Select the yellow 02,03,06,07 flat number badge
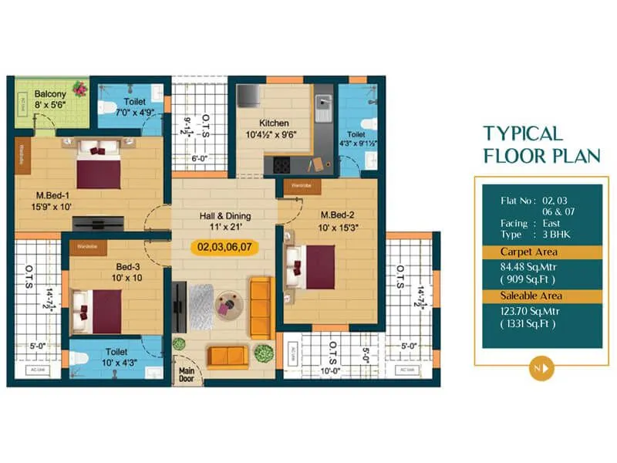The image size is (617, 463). (223, 248)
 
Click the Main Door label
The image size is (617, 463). (187, 375)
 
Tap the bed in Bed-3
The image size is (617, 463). (97, 309)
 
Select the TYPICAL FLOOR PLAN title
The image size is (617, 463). (541, 144)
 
